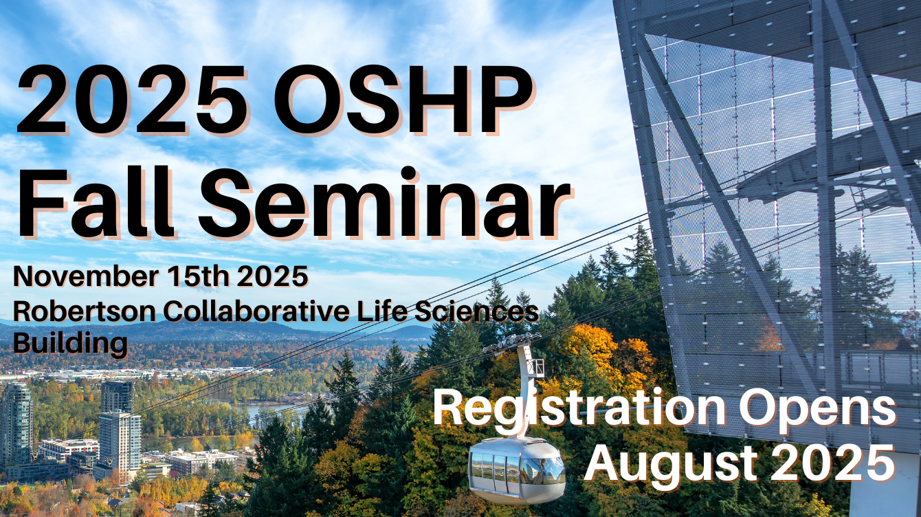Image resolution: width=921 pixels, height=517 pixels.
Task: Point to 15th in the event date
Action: (x=198, y=276)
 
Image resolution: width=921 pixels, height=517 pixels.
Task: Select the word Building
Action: (x=70, y=344)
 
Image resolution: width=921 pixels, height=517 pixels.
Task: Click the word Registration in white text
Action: (x=579, y=408)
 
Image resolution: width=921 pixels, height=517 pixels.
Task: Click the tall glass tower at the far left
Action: (x=16, y=423)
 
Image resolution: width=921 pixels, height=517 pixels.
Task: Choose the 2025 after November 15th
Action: (x=273, y=276)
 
